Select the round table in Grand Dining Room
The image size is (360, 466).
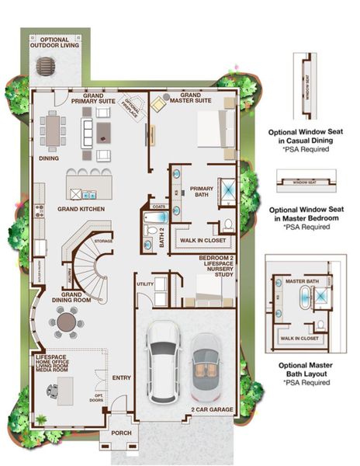(66, 321)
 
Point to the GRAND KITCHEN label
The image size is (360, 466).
(76, 209)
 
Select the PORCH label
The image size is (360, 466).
(121, 433)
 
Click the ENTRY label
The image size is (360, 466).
(122, 378)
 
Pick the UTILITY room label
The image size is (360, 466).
(144, 285)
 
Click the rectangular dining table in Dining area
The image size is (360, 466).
(53, 130)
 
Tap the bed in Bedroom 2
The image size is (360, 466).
(208, 291)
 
